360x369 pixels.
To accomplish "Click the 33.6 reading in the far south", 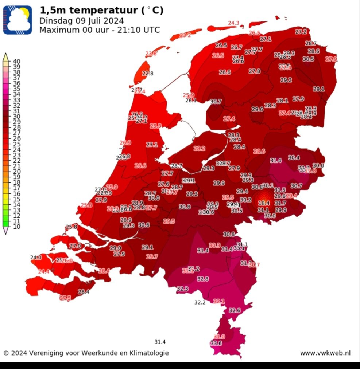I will tap(216, 343).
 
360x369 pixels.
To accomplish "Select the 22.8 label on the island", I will tap(148, 73).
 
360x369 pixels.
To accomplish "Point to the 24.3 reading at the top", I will tap(233, 23).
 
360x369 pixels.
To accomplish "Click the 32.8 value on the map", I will tap(203, 279).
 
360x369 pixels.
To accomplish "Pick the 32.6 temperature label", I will tap(235, 310).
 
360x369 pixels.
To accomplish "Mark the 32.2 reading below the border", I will tap(200, 302).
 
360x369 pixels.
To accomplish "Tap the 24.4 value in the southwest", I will tap(44, 271).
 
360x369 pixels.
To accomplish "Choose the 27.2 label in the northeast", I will tap(301, 32).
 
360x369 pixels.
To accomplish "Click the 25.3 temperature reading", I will tap(155, 126).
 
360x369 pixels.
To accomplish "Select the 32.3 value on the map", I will tap(182, 289).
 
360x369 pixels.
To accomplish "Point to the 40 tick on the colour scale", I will tap(17, 61).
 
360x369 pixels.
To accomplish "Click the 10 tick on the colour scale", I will tap(17, 227).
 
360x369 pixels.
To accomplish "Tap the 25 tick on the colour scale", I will tap(17, 144).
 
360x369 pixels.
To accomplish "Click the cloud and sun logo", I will tap(18, 20).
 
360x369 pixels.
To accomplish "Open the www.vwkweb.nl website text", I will tap(325, 353).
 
